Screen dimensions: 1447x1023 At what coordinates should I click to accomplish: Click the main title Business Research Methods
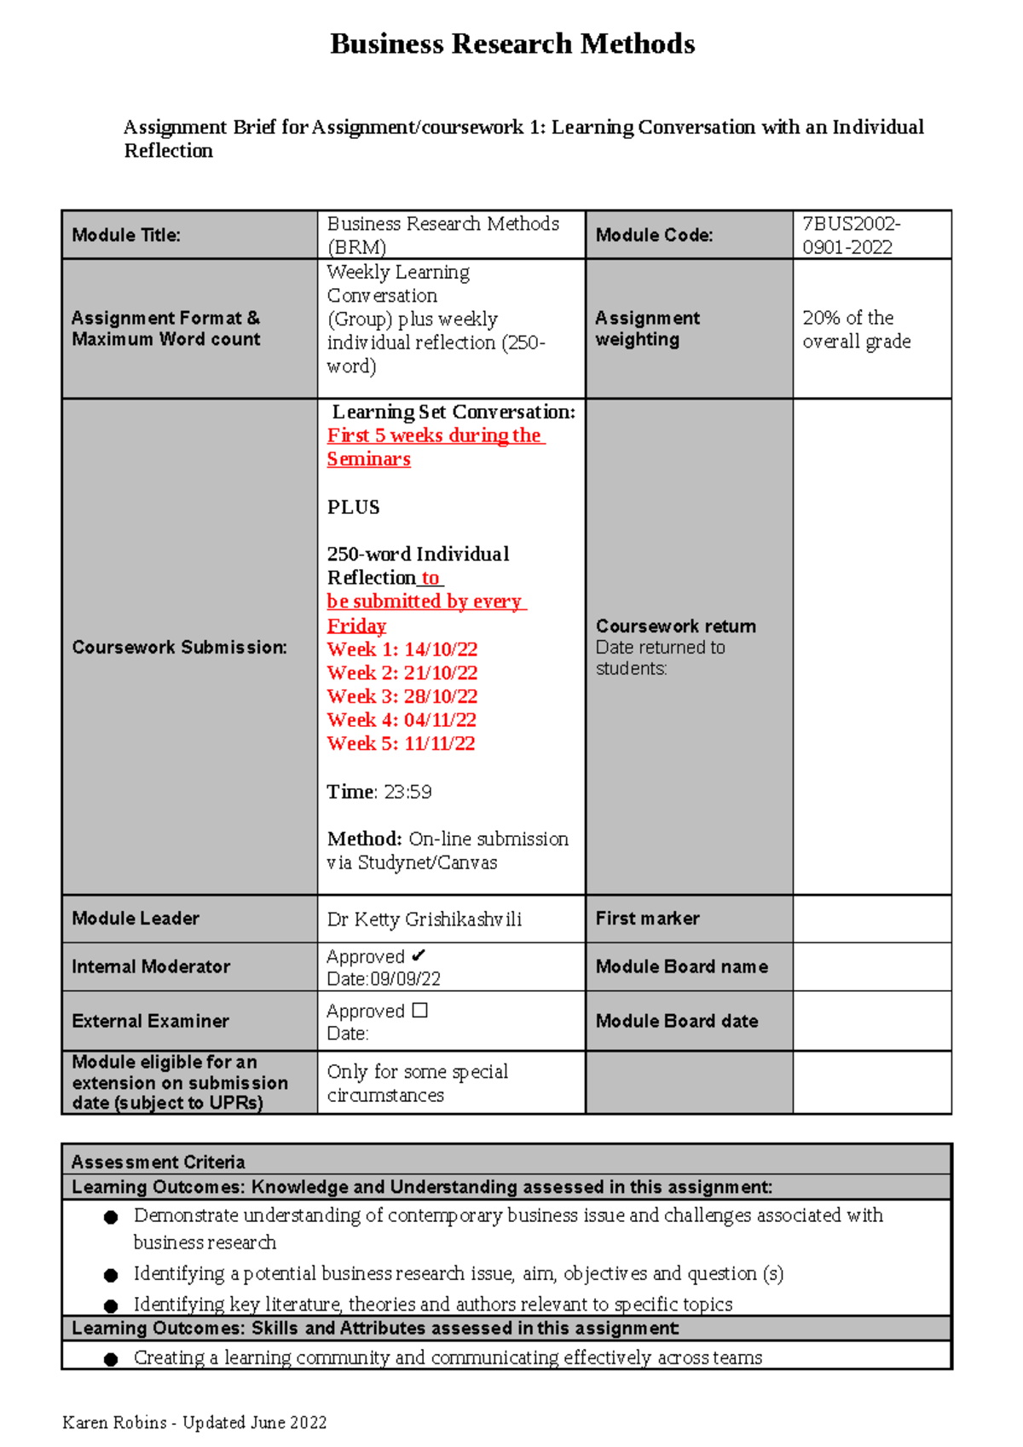pyautogui.click(x=512, y=43)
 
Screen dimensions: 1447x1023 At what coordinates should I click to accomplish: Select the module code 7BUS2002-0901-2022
pyautogui.click(x=851, y=235)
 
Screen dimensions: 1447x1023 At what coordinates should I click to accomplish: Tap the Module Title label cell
pyautogui.click(x=126, y=235)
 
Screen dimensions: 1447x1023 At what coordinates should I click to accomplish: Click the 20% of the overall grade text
pyautogui.click(x=856, y=329)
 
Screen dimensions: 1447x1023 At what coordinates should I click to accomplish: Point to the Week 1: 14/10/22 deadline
pyautogui.click(x=402, y=649)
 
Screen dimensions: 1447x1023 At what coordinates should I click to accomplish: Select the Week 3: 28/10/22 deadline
pyautogui.click(x=402, y=696)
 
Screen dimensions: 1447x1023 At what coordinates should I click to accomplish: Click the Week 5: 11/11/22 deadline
pyautogui.click(x=401, y=743)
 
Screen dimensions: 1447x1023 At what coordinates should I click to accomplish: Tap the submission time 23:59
pyautogui.click(x=407, y=792)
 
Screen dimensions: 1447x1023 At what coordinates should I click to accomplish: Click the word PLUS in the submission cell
pyautogui.click(x=353, y=507)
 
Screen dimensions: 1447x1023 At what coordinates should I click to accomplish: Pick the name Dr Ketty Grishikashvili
pyautogui.click(x=424, y=919)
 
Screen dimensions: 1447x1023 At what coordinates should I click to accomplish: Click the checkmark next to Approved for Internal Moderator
pyautogui.click(x=418, y=955)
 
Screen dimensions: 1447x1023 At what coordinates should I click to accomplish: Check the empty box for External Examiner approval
pyautogui.click(x=419, y=1010)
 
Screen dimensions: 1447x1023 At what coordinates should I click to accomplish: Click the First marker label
pyautogui.click(x=647, y=919)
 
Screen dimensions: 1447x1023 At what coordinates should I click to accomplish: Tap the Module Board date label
pyautogui.click(x=676, y=1021)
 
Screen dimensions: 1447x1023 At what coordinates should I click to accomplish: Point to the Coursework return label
pyautogui.click(x=675, y=626)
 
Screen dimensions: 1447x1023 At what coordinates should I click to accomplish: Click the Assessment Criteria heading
pyautogui.click(x=159, y=1162)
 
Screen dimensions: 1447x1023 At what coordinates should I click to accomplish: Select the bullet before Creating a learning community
pyautogui.click(x=111, y=1359)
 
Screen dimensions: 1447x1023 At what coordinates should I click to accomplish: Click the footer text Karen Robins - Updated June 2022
pyautogui.click(x=194, y=1422)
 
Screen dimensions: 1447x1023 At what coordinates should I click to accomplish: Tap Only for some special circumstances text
pyautogui.click(x=417, y=1083)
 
